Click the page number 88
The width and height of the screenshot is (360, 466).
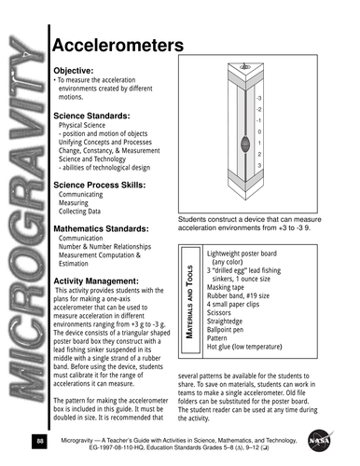coord(38,439)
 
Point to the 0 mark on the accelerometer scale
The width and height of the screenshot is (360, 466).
coord(258,131)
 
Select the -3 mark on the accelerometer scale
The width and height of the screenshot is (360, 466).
coord(258,98)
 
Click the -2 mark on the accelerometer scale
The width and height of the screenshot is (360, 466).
coord(258,109)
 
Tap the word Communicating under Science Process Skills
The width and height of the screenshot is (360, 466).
coord(83,196)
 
